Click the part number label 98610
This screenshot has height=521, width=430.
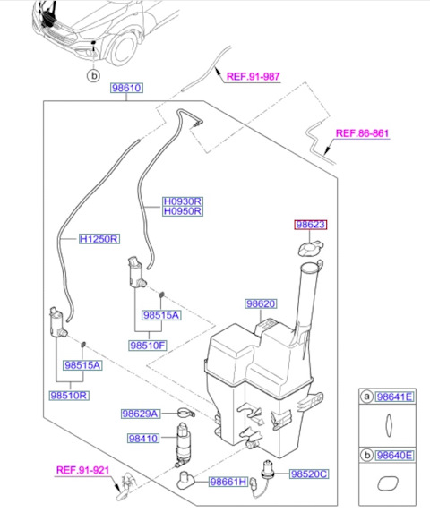[x=126, y=88]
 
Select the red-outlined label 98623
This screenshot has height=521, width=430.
[x=311, y=225]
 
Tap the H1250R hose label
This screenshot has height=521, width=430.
[x=99, y=239]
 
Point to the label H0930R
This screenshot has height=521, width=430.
[x=183, y=201]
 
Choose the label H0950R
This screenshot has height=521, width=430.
[x=183, y=211]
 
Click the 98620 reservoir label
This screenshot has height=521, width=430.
[x=261, y=303]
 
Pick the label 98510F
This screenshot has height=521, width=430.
[x=148, y=346]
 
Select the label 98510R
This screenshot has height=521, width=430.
[x=69, y=396]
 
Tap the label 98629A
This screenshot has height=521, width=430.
[x=141, y=414]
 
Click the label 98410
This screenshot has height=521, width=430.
[x=143, y=439]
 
